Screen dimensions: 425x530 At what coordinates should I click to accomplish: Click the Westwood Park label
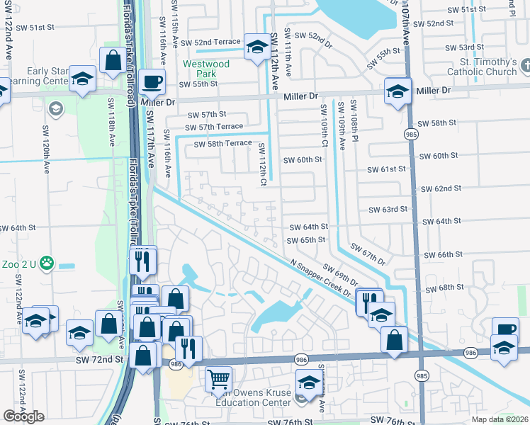pos(206,69)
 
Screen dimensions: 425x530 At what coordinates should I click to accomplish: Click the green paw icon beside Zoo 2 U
pos(47,262)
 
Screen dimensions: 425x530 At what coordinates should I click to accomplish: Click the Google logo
pos(23,416)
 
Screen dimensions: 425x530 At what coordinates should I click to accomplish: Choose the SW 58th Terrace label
pos(223,143)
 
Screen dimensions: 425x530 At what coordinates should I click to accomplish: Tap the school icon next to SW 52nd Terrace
pos(255,47)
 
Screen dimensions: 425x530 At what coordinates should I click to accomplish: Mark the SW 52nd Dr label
pos(313,40)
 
